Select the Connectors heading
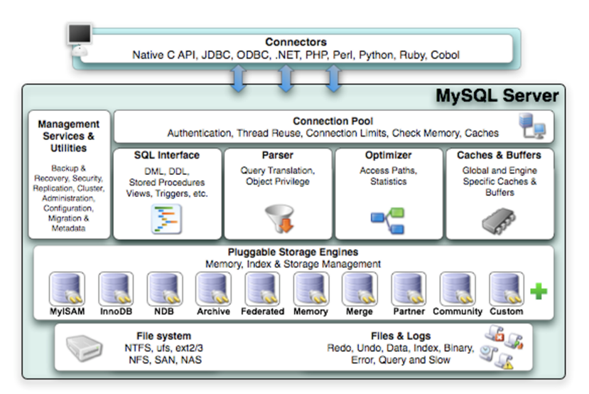point(296,43)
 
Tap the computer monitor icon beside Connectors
point(79,35)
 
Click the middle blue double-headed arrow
point(286,78)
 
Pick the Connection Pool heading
point(333,122)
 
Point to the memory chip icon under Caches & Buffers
point(499,220)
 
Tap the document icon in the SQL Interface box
point(166,219)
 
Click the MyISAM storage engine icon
point(67,289)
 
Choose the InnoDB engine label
point(116,312)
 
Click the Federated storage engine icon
point(262,289)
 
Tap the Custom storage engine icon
point(506,289)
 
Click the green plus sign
point(539,291)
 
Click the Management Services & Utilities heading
point(69,136)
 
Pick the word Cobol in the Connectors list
point(443,55)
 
